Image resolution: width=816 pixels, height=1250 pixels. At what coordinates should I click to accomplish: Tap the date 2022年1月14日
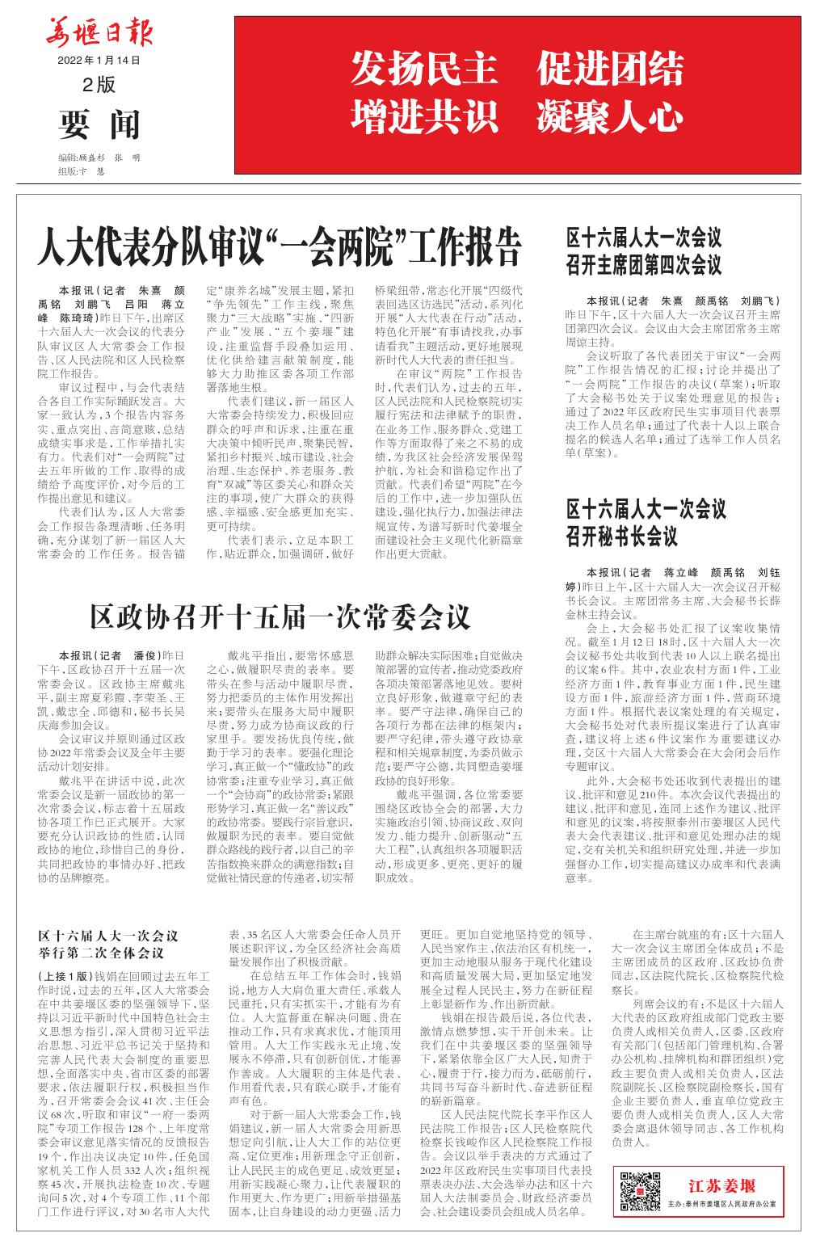[x=99, y=61]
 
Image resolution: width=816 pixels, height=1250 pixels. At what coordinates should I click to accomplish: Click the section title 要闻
[x=99, y=124]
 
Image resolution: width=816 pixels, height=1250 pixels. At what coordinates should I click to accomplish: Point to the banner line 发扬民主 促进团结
[x=517, y=71]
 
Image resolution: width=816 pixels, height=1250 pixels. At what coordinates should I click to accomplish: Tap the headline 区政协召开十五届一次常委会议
[x=280, y=617]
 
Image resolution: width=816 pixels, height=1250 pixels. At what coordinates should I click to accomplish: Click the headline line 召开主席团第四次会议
[x=642, y=265]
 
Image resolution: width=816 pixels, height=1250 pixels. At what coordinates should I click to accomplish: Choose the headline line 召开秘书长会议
[x=621, y=536]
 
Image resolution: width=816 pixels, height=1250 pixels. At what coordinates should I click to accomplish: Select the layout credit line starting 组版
[x=82, y=171]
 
